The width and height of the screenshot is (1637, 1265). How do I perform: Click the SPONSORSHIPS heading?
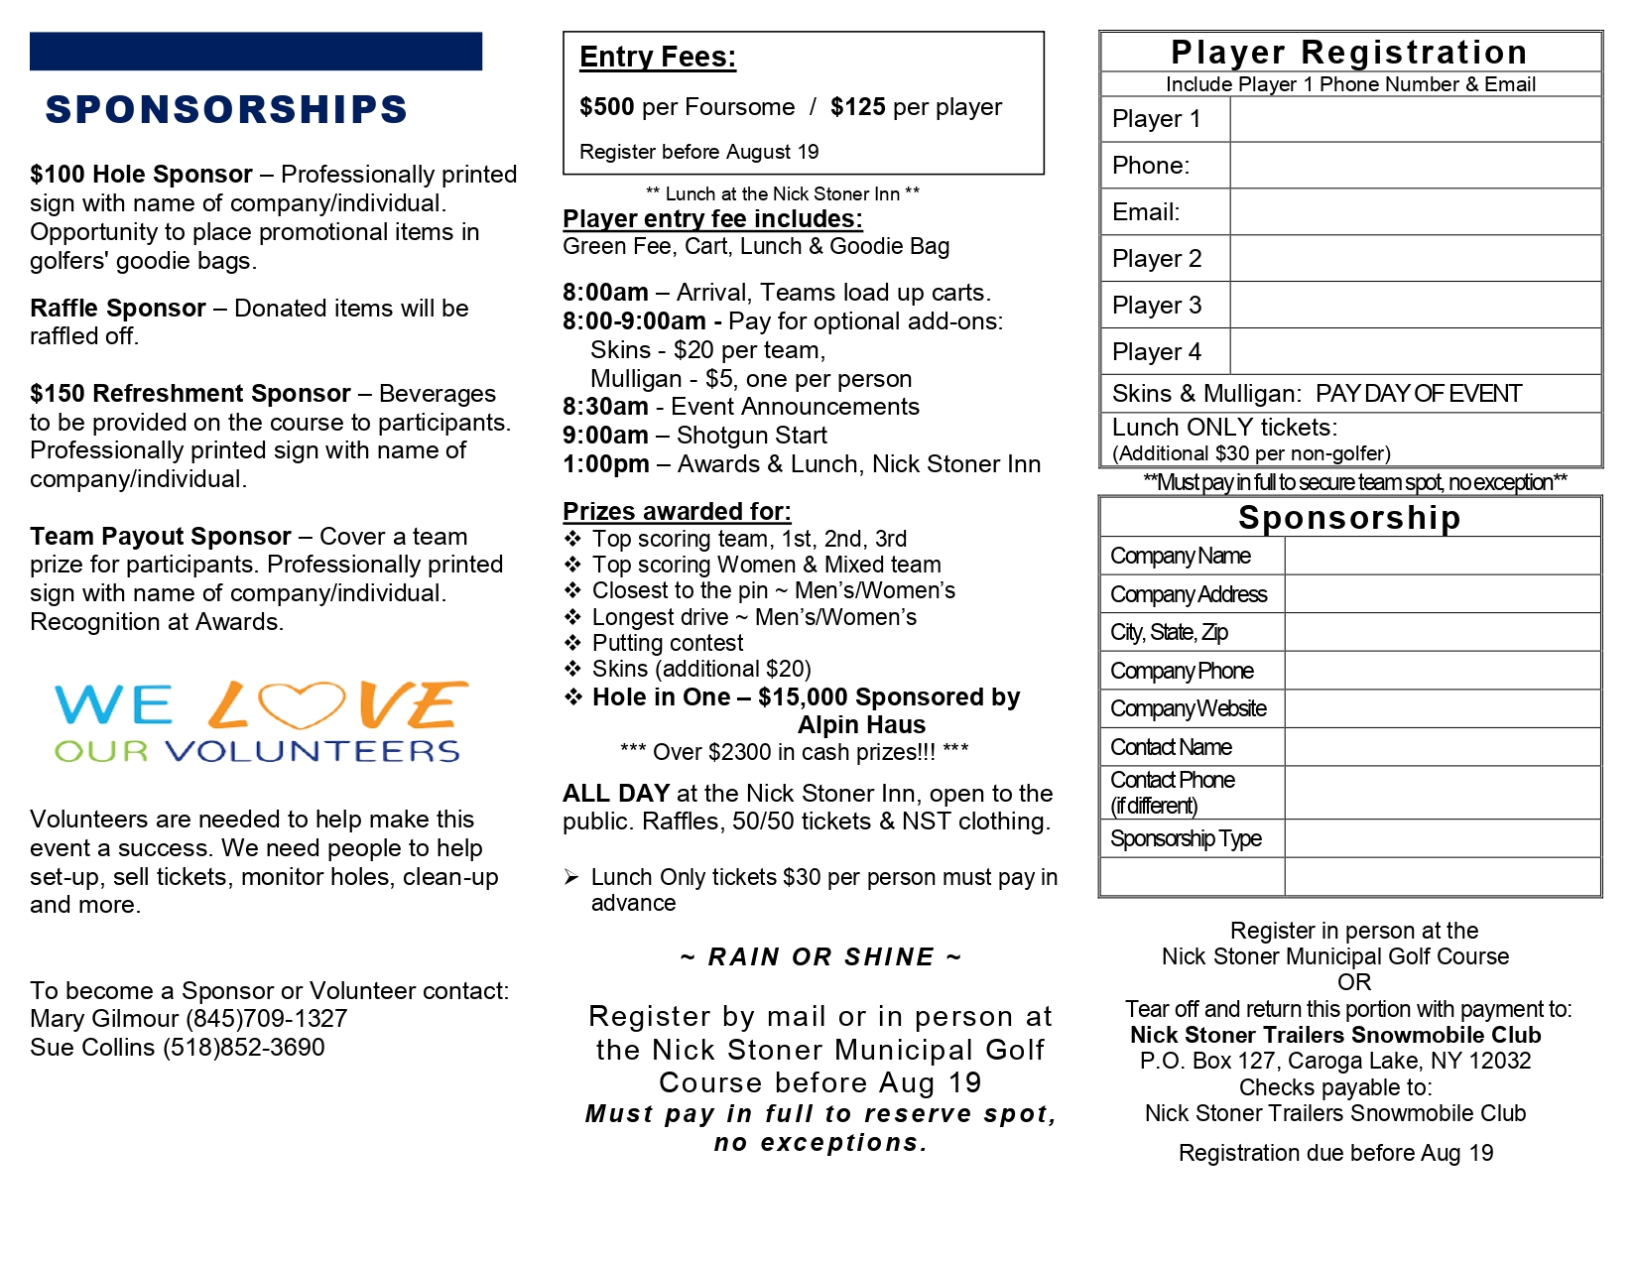pyautogui.click(x=226, y=109)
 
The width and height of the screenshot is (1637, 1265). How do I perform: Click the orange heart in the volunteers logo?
pyautogui.click(x=302, y=704)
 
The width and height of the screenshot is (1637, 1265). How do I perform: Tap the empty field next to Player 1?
pyautogui.click(x=1415, y=119)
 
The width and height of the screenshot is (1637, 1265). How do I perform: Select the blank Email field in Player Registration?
pyautogui.click(x=1415, y=212)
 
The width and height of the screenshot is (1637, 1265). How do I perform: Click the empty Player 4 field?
pyautogui.click(x=1415, y=352)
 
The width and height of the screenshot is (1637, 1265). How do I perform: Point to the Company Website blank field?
pyautogui.click(x=1442, y=709)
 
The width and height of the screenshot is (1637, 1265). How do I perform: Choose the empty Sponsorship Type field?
pyautogui.click(x=1442, y=839)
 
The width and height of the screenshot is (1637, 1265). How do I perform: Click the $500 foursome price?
pyautogui.click(x=606, y=107)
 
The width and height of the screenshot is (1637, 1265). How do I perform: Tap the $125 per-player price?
pyautogui.click(x=857, y=107)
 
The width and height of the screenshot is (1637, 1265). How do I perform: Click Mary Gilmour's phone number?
pyautogui.click(x=267, y=1019)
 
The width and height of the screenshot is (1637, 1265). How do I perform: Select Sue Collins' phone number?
pyautogui.click(x=244, y=1048)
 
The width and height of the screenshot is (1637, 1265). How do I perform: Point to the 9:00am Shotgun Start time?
pyautogui.click(x=605, y=436)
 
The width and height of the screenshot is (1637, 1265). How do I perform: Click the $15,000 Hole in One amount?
pyautogui.click(x=803, y=697)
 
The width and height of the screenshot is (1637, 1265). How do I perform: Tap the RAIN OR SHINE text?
pyautogui.click(x=820, y=957)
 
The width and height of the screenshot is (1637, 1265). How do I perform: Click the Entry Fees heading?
pyautogui.click(x=658, y=58)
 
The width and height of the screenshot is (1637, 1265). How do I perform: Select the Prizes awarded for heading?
pyautogui.click(x=677, y=512)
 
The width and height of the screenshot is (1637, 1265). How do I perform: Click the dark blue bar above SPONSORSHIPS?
pyautogui.click(x=256, y=52)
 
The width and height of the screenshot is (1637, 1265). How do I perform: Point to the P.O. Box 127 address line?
pyautogui.click(x=1335, y=1062)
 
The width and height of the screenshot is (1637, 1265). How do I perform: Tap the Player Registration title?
pyautogui.click(x=1349, y=53)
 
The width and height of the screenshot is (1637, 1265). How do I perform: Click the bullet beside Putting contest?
pyautogui.click(x=572, y=643)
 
